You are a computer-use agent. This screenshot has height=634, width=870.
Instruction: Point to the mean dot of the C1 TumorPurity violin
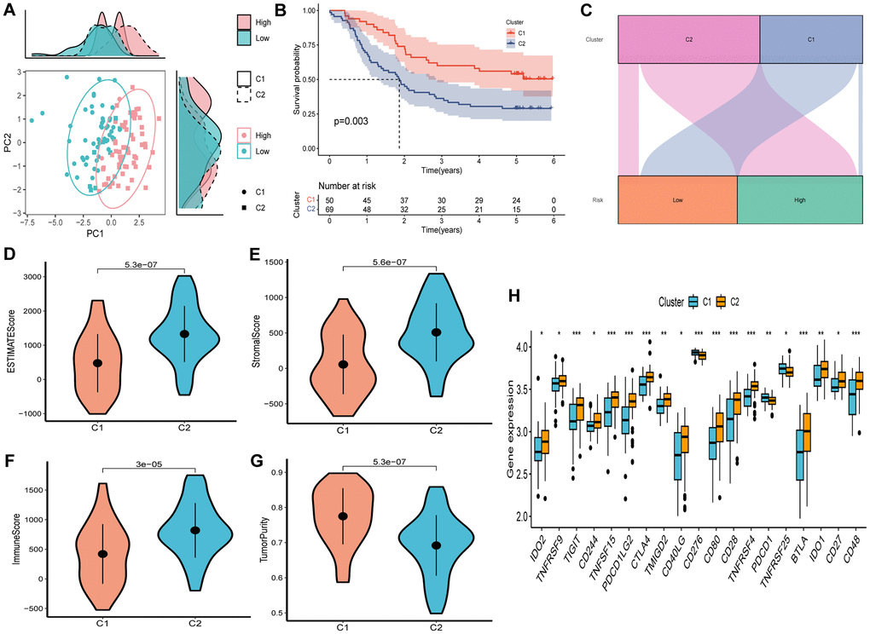(343, 516)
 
